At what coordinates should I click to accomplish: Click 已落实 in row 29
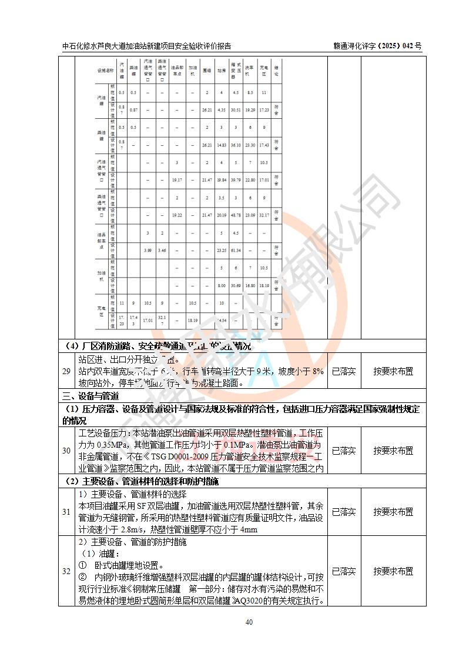tap(344, 372)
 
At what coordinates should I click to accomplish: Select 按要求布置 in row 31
tap(393, 512)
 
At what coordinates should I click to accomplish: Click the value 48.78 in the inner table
tap(236, 215)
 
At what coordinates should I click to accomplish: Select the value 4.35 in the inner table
tap(222, 110)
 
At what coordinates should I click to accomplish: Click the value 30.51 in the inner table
tap(236, 110)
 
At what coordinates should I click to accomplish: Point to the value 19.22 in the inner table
tap(177, 215)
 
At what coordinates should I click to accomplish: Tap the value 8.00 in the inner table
tap(222, 285)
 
